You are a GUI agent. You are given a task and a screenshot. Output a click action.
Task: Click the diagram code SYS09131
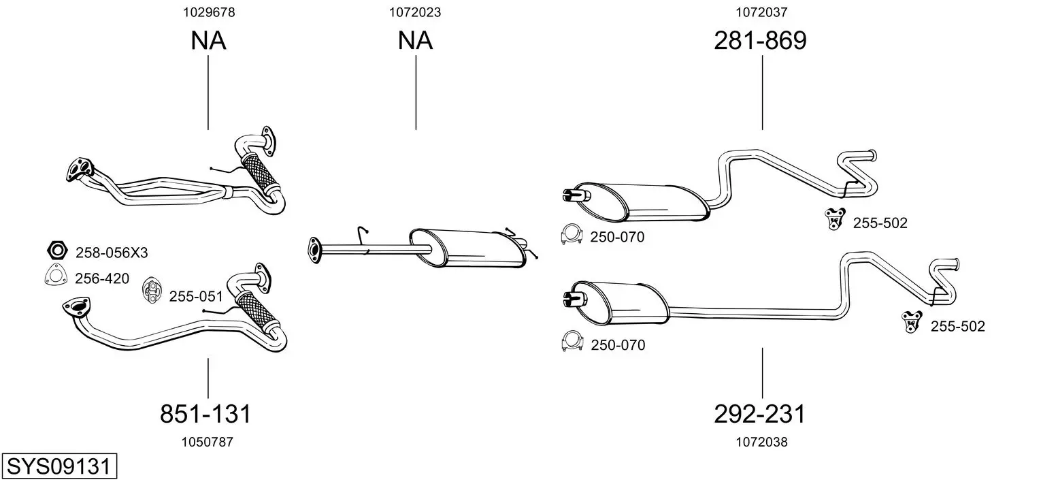[59, 466]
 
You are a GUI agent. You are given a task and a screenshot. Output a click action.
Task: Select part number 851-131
[205, 413]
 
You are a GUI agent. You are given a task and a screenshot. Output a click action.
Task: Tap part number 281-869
[760, 40]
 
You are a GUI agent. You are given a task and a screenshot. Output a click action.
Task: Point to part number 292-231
[759, 413]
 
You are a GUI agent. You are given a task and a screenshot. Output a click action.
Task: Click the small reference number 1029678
[209, 12]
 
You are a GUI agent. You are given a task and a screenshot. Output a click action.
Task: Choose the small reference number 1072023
[415, 12]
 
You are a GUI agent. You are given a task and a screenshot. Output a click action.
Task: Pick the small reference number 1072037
[761, 12]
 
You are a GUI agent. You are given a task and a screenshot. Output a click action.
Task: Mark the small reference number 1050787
[207, 442]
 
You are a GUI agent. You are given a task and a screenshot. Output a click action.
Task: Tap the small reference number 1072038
[761, 442]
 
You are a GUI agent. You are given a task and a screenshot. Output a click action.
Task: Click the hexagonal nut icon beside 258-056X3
[58, 251]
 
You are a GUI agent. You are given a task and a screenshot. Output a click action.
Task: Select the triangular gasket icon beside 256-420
[56, 274]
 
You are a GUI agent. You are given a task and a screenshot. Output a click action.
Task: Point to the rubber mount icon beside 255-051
[152, 290]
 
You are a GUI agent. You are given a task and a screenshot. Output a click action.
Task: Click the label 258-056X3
[112, 253]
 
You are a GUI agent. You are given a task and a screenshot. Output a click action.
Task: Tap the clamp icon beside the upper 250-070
[572, 234]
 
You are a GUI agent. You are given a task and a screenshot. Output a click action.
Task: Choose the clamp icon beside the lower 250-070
[572, 341]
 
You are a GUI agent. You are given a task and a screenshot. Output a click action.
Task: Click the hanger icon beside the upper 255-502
[835, 219]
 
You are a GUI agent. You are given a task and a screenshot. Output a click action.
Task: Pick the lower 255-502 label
[957, 326]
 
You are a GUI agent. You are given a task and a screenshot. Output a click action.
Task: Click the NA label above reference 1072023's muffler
[415, 40]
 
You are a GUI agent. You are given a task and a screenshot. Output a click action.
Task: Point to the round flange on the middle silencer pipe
[314, 251]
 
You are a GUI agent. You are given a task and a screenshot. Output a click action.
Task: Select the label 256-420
[102, 278]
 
